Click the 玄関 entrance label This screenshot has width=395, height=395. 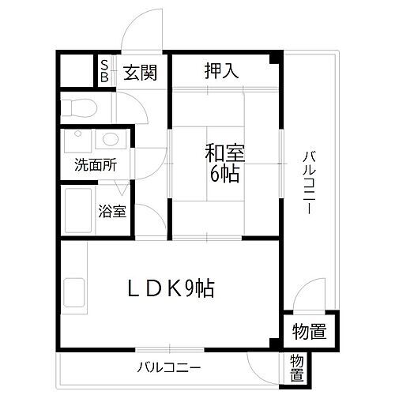point(140,73)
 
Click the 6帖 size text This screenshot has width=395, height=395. point(224,174)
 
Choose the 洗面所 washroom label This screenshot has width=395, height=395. point(96,167)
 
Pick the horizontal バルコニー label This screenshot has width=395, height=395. point(167,367)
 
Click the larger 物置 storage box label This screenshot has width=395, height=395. point(309,329)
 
